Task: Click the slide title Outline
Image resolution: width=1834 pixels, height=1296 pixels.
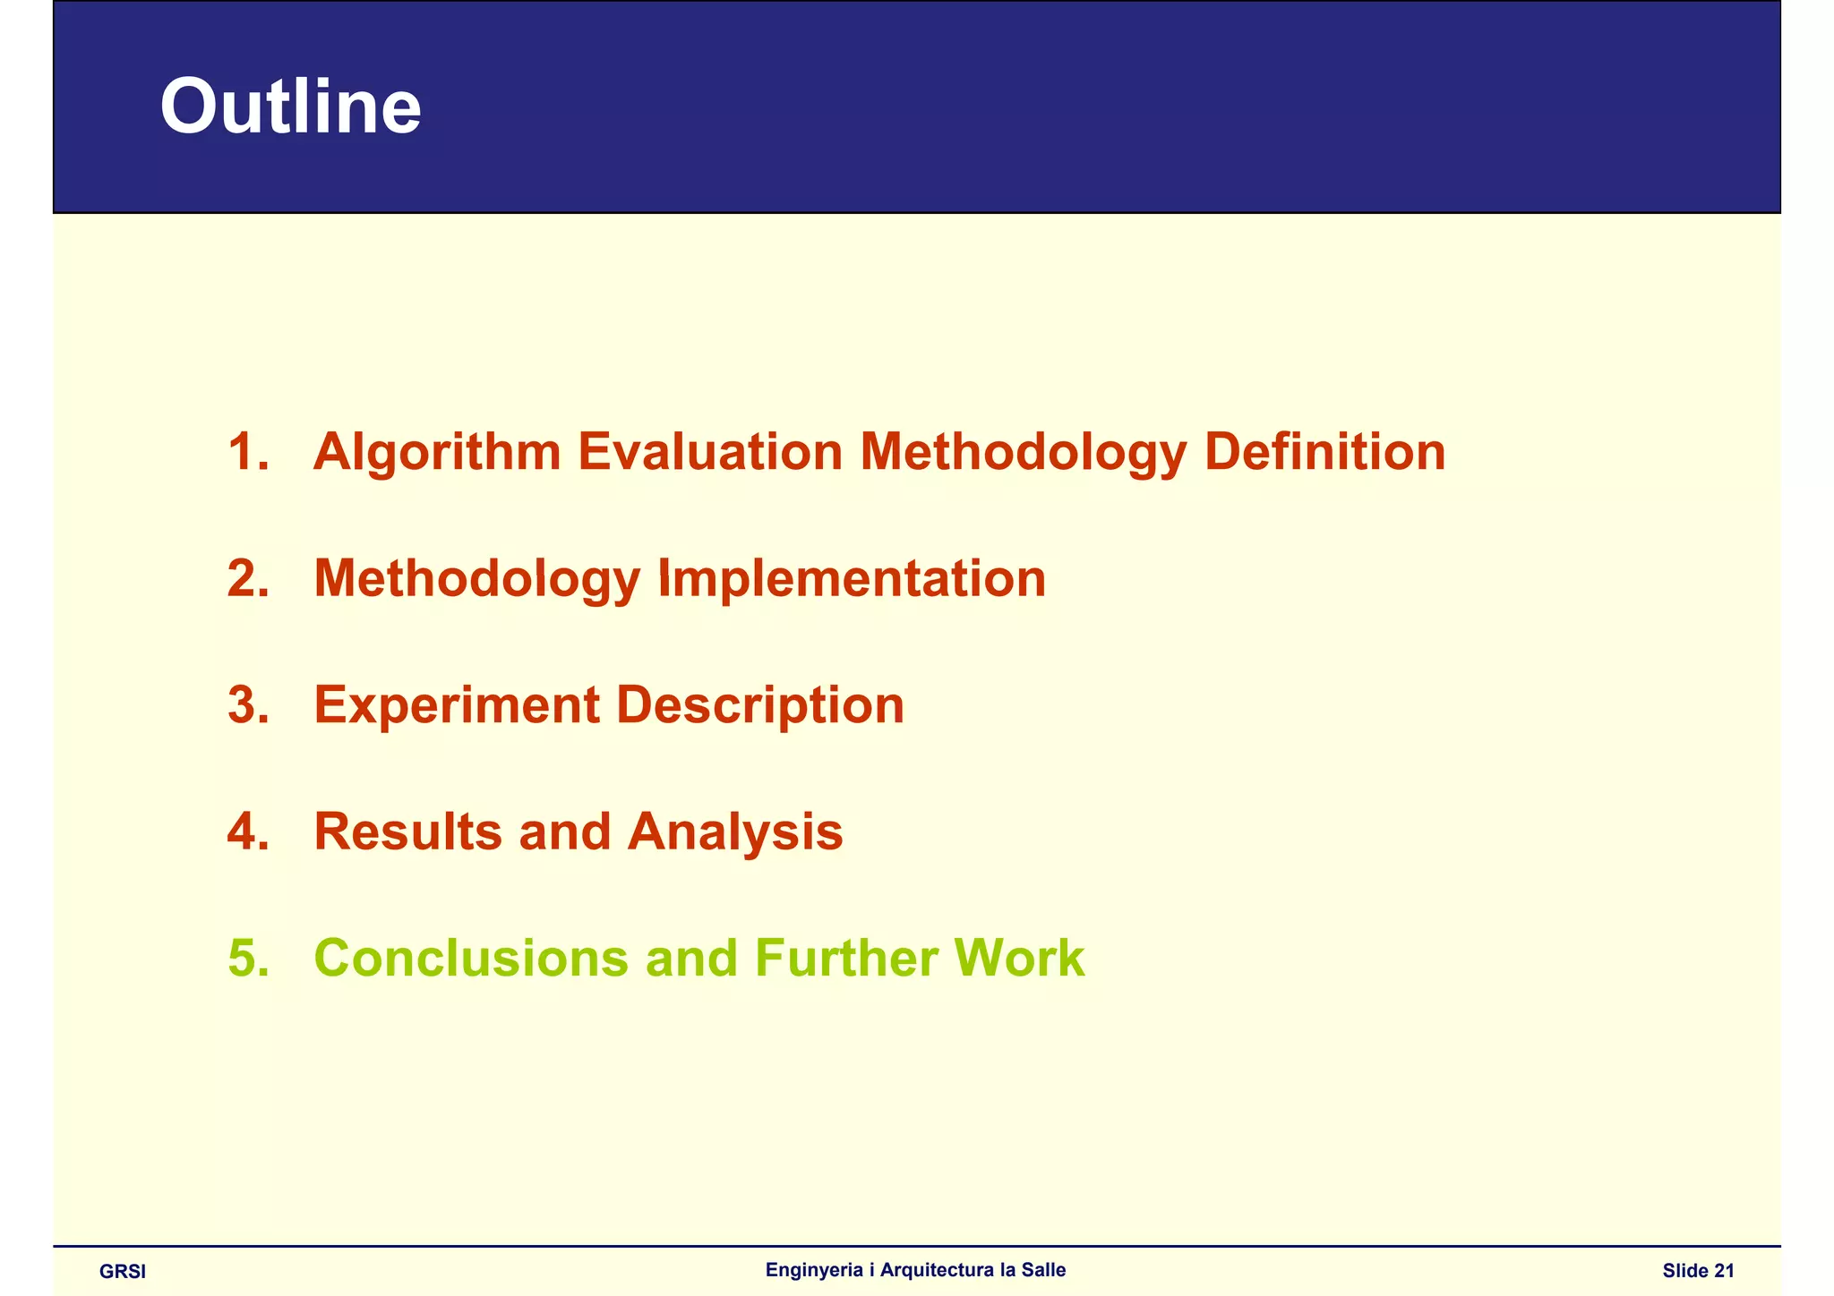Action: pos(290,107)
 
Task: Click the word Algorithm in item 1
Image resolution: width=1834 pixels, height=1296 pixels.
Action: pos(437,452)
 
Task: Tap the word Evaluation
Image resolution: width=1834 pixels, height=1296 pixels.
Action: pos(710,452)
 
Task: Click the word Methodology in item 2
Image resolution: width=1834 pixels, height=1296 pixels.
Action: pos(476,579)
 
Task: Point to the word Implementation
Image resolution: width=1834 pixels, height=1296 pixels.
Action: pos(852,579)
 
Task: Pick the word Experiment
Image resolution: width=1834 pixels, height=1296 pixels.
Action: pos(457,705)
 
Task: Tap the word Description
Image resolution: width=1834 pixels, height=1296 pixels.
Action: pos(759,705)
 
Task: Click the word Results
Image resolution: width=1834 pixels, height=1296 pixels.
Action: pos(408,832)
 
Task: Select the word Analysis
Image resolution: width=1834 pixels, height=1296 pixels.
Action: pos(734,832)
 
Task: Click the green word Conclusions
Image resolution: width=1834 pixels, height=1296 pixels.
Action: pos(471,959)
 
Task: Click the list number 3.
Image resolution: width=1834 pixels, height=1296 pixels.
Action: pos(247,705)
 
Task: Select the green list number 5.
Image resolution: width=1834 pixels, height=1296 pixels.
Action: pos(247,959)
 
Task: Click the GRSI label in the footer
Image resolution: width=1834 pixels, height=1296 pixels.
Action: pos(123,1272)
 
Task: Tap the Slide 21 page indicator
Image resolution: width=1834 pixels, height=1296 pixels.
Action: pos(1698,1271)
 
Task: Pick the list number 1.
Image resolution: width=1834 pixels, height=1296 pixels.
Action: pos(247,452)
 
